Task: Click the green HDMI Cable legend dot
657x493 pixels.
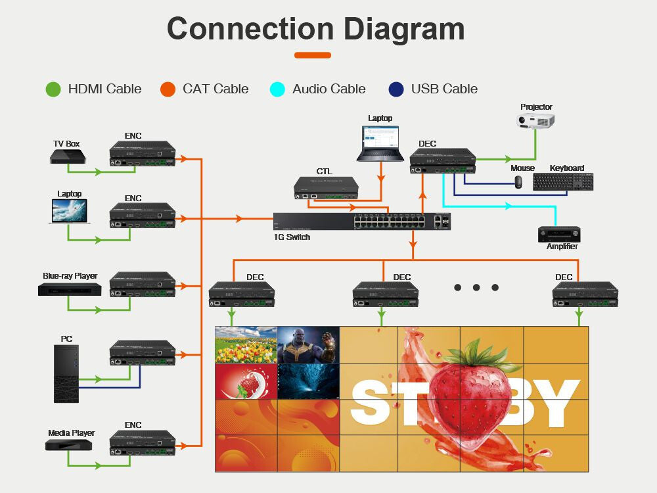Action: (53, 89)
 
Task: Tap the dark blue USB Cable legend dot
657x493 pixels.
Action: (396, 89)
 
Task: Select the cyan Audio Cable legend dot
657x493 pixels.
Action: (278, 89)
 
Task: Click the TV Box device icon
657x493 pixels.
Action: (67, 156)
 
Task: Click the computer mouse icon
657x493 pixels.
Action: (518, 181)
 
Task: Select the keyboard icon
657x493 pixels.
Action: (563, 181)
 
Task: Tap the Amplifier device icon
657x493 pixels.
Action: (559, 234)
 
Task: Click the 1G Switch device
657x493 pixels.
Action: (362, 221)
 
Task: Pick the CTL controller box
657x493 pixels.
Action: (327, 187)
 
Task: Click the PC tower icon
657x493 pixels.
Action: (66, 373)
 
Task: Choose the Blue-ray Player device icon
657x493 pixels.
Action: (69, 289)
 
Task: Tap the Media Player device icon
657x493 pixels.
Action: (69, 445)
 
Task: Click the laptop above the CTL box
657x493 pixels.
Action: (380, 143)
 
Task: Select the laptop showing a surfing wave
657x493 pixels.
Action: (70, 212)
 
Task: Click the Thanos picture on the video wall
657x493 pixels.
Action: (308, 344)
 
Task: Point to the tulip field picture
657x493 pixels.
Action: (246, 344)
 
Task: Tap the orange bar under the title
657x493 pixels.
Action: (313, 55)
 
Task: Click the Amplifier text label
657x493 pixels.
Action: (562, 246)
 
